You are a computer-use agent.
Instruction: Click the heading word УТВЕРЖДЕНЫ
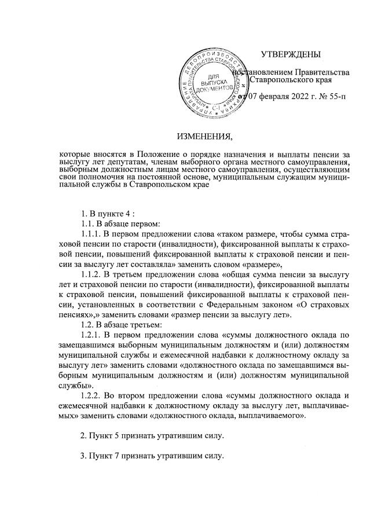(290, 55)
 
